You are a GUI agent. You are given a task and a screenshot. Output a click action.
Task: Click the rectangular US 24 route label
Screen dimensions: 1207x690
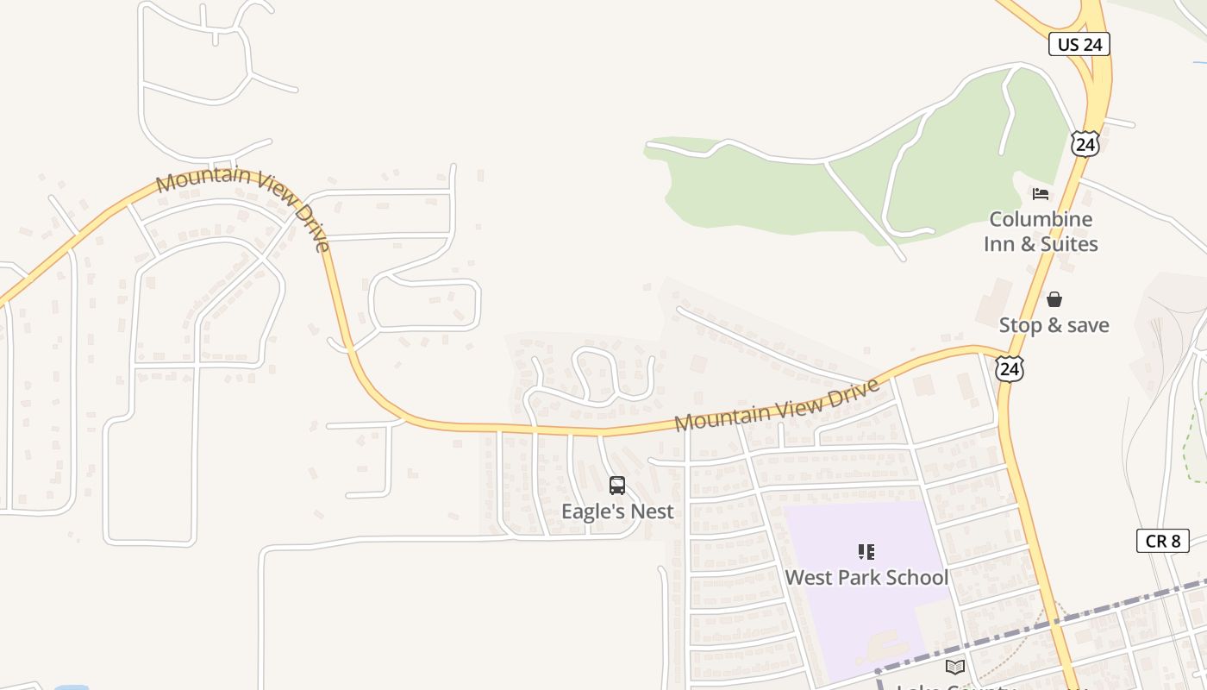[1079, 44]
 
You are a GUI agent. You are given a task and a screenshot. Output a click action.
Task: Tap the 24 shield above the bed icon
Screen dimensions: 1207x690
[1085, 144]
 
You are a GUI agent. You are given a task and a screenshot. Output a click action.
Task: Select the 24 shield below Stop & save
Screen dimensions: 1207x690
[1009, 369]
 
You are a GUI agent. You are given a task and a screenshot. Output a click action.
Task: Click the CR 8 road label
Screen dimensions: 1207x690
[1162, 541]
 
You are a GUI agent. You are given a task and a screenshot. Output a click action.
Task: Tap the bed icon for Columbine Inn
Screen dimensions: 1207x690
[1041, 194]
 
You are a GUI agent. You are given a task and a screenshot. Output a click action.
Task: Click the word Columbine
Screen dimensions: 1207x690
[1041, 219]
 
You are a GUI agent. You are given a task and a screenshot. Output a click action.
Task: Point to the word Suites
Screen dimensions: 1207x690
[1069, 244]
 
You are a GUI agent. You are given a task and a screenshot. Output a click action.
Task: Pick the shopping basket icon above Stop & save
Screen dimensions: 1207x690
[1054, 299]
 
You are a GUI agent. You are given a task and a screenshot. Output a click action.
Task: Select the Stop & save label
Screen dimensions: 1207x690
[1054, 325]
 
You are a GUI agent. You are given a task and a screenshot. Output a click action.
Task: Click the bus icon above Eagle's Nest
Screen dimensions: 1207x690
[616, 486]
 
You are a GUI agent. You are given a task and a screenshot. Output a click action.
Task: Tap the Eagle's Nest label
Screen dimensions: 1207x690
[617, 511]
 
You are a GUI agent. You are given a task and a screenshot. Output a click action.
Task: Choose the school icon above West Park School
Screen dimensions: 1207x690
[866, 552]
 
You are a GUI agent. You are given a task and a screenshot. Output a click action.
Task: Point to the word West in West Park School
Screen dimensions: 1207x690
[807, 577]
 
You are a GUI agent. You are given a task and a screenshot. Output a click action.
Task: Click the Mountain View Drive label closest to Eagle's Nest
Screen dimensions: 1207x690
[776, 405]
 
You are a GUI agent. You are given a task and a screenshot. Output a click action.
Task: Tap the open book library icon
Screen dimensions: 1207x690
[954, 667]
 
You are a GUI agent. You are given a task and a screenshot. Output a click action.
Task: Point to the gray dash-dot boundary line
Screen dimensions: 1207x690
[1078, 617]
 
